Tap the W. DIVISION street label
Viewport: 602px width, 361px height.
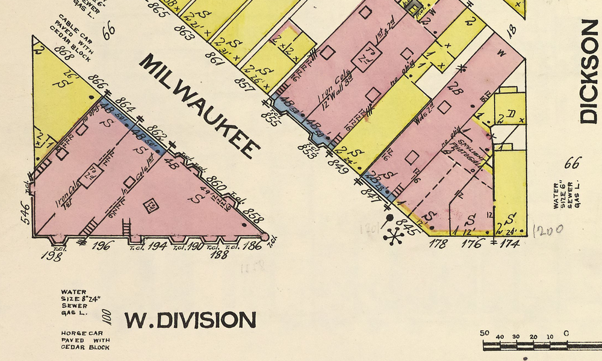tap(190, 320)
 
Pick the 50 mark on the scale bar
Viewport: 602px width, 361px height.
tap(485, 333)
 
